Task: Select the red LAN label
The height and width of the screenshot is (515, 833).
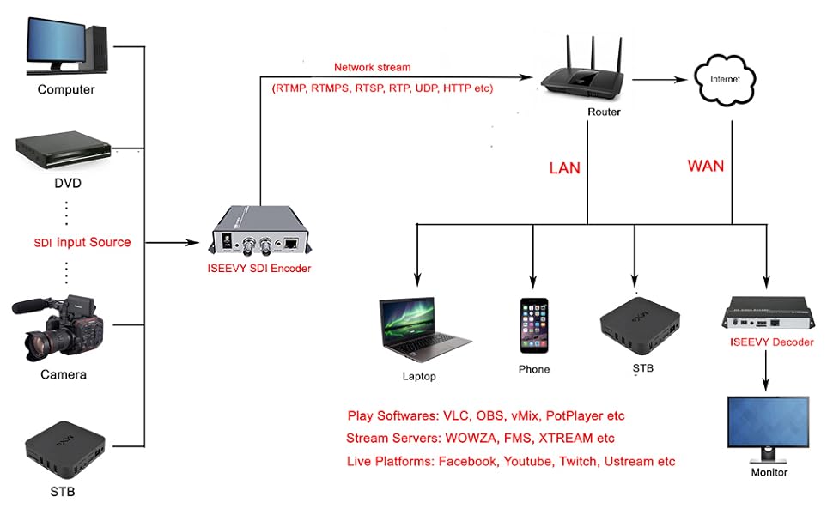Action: (564, 168)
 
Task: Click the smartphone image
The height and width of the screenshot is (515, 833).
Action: (533, 325)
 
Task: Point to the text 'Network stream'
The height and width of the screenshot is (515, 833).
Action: (372, 68)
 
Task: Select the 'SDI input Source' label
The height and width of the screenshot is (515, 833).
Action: (82, 242)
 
